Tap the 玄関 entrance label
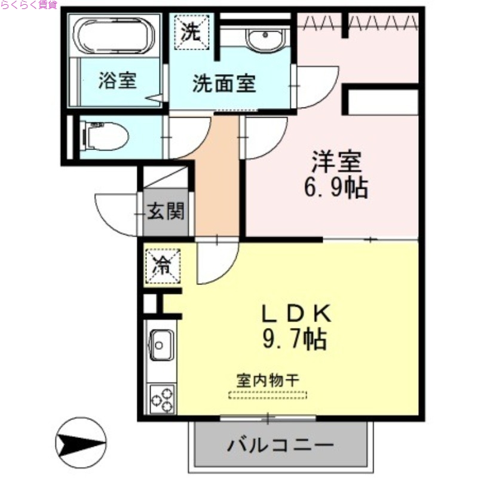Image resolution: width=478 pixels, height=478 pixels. pos(166,211)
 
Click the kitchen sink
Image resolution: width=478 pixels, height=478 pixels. pos(160,345)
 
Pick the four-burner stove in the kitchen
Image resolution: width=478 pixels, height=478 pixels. pos(161,399)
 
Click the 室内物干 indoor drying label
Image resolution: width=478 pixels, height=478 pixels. pos(268,380)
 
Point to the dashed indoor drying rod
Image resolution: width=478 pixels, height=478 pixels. pos(268,394)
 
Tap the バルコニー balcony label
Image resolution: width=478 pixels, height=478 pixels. pos(279,446)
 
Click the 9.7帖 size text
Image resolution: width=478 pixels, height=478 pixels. pos(294,340)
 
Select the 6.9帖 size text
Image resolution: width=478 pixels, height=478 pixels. pos(335,188)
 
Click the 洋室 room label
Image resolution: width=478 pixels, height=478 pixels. pos(336,161)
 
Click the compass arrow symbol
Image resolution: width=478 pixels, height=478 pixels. pos(78,443)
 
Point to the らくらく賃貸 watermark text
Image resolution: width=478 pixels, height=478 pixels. pos(29,5)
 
